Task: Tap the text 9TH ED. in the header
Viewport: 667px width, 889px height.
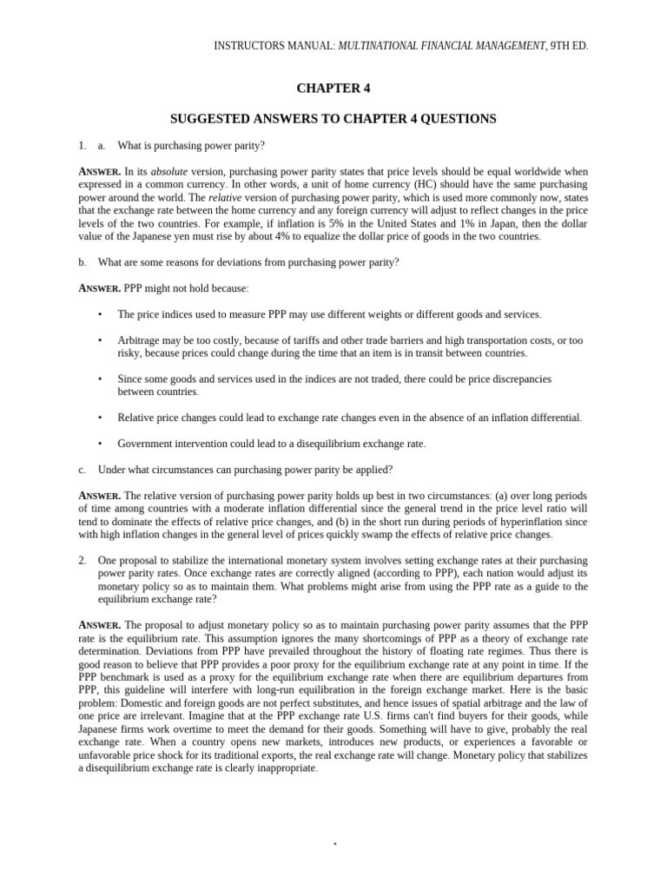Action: (569, 45)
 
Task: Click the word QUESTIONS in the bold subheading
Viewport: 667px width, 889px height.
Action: (463, 118)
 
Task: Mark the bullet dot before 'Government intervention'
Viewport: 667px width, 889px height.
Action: (100, 444)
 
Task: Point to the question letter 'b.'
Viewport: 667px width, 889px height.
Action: (83, 262)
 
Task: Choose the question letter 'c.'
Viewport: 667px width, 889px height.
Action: (83, 470)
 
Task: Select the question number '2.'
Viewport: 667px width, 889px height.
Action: (83, 561)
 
